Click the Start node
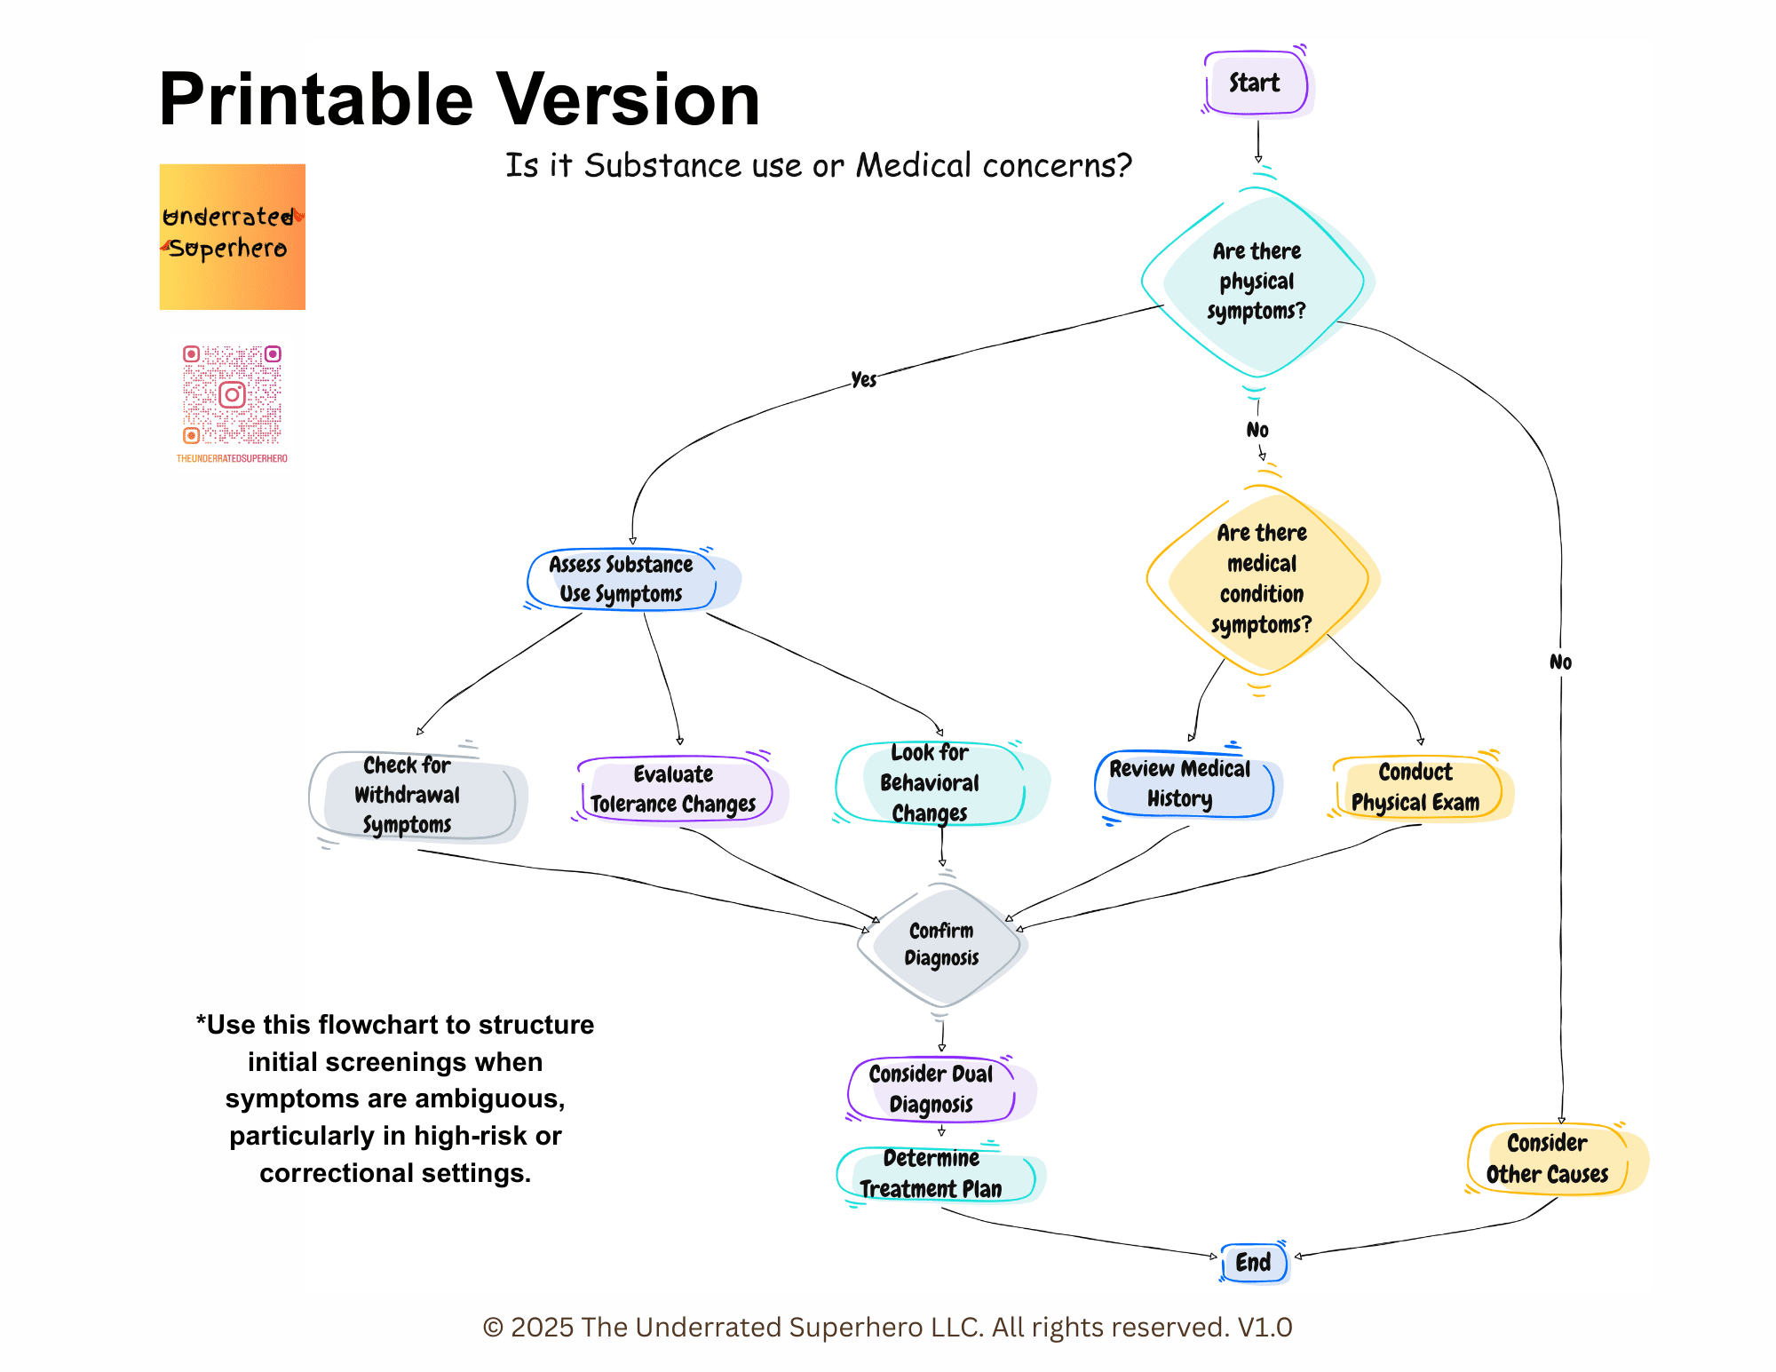click(1256, 83)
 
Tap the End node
click(1253, 1262)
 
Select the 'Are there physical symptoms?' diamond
click(1257, 282)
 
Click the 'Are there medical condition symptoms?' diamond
click(1261, 579)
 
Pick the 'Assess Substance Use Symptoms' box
click(622, 579)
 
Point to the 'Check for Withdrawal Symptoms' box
click(408, 796)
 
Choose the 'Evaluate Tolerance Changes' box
click(673, 789)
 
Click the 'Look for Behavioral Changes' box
click(930, 783)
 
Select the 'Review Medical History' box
click(1181, 784)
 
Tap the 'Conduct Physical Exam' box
click(1416, 788)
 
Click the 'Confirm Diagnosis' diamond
click(941, 944)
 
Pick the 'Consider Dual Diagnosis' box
click(932, 1089)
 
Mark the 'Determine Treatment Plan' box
click(932, 1174)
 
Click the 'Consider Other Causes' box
click(1548, 1159)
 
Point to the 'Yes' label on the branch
click(863, 380)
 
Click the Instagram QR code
click(232, 395)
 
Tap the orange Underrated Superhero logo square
click(233, 237)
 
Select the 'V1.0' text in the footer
click(1265, 1327)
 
